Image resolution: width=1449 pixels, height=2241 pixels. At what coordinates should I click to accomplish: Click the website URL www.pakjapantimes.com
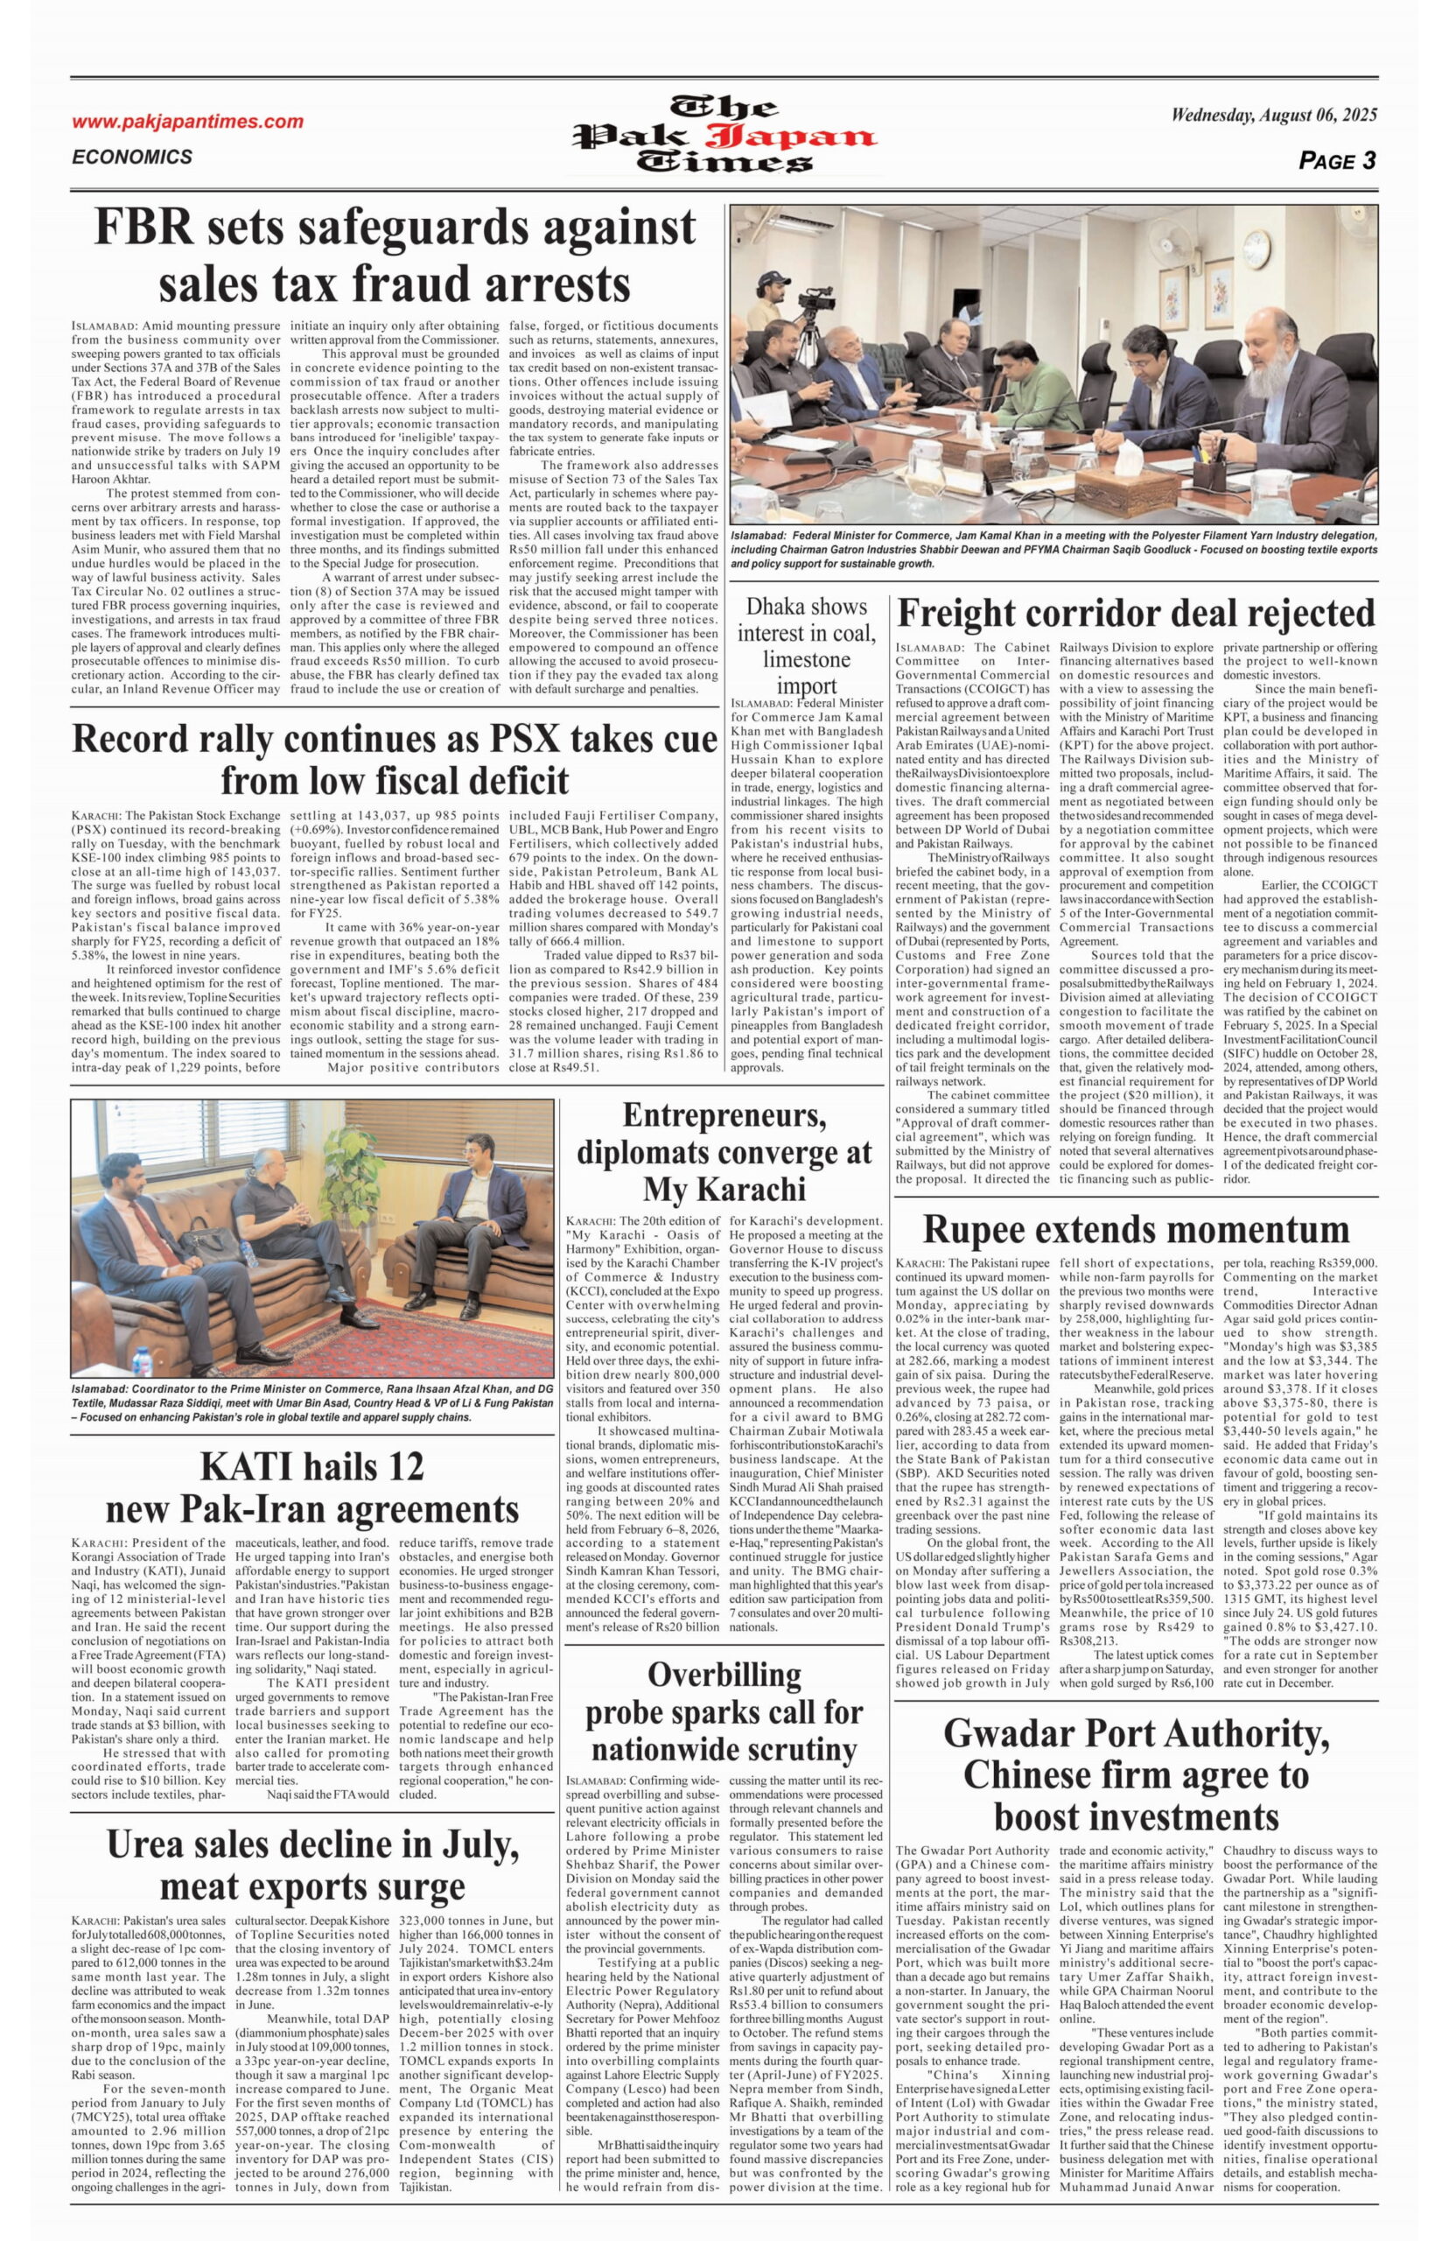pos(187,122)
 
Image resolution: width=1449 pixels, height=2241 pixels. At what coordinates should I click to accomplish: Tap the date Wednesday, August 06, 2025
pos(1274,116)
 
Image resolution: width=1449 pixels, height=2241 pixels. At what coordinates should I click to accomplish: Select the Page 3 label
pos(1337,161)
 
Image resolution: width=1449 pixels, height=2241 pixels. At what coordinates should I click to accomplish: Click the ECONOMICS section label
pos(132,158)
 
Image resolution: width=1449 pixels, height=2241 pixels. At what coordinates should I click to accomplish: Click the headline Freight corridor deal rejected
pos(1137,614)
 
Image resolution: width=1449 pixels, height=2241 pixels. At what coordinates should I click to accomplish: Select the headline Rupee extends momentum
pos(1136,1229)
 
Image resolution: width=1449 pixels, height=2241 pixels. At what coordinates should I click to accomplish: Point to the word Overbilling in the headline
pos(724,1675)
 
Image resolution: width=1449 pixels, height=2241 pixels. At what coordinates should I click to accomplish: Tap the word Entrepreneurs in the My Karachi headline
pos(724,1115)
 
